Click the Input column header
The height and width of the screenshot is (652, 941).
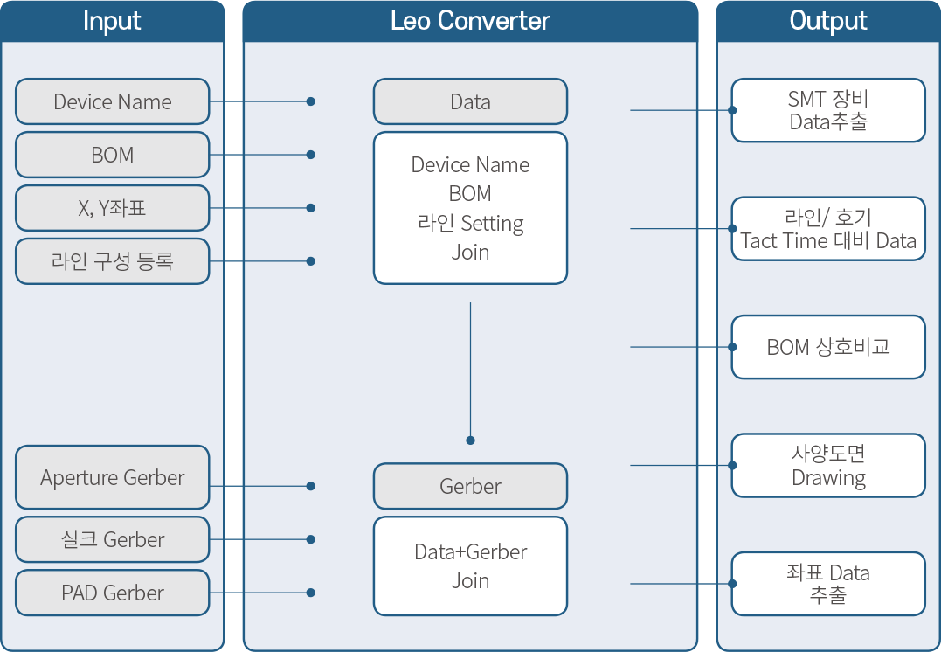pyautogui.click(x=112, y=21)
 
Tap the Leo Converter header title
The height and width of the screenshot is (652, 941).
pyautogui.click(x=470, y=21)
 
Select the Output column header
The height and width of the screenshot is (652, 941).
pyautogui.click(x=828, y=21)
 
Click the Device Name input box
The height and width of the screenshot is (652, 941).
pyautogui.click(x=112, y=101)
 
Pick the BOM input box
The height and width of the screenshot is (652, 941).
pyautogui.click(x=112, y=155)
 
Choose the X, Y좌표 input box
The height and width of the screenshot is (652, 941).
pyautogui.click(x=112, y=208)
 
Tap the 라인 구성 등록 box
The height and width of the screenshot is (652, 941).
pyautogui.click(x=112, y=261)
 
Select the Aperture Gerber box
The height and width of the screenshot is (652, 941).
pyautogui.click(x=112, y=477)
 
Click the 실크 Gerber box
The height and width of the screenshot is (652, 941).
pyautogui.click(x=112, y=539)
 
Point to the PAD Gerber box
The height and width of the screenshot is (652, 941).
pyautogui.click(x=112, y=593)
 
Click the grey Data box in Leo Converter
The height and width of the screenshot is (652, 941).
pyautogui.click(x=470, y=101)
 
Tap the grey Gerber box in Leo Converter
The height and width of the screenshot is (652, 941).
pyautogui.click(x=470, y=486)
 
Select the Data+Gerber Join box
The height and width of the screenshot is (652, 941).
pyautogui.click(x=470, y=566)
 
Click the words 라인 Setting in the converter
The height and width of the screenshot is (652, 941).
pyautogui.click(x=470, y=224)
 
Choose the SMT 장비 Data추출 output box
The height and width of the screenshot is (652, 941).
pyautogui.click(x=828, y=110)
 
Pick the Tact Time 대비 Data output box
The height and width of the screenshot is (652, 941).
pyautogui.click(x=828, y=229)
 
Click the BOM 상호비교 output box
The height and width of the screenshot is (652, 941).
pyautogui.click(x=828, y=347)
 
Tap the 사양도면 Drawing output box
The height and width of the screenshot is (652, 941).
pyautogui.click(x=828, y=465)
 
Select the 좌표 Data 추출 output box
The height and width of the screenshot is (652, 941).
pyautogui.click(x=828, y=584)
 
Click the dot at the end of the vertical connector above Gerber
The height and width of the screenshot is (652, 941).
pyautogui.click(x=470, y=440)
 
